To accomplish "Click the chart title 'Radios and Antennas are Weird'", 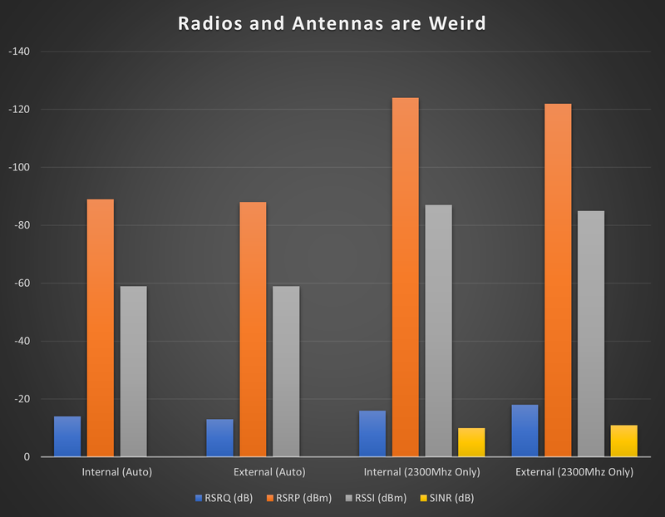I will pos(332,23).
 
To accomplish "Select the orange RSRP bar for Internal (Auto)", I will pos(101,327).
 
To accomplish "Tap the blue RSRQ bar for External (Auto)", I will pos(219,437).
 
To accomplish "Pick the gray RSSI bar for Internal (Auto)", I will pos(134,371).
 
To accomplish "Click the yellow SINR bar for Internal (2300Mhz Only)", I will pos(471,442).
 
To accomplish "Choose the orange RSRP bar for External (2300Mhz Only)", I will pos(558,279).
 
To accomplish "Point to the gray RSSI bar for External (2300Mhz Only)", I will pos(591,333).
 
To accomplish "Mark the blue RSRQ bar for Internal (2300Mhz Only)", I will pos(372,433).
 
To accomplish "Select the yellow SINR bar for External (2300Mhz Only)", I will pos(624,441).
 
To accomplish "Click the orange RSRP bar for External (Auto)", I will pos(253,329).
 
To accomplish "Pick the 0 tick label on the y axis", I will pos(27,457).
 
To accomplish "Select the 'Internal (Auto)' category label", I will pos(117,472).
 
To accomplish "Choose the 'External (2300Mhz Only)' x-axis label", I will pos(574,472).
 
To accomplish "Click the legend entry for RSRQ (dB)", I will pos(223,498).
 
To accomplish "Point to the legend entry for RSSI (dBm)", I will pos(377,498).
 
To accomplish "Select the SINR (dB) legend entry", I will pos(449,498).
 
